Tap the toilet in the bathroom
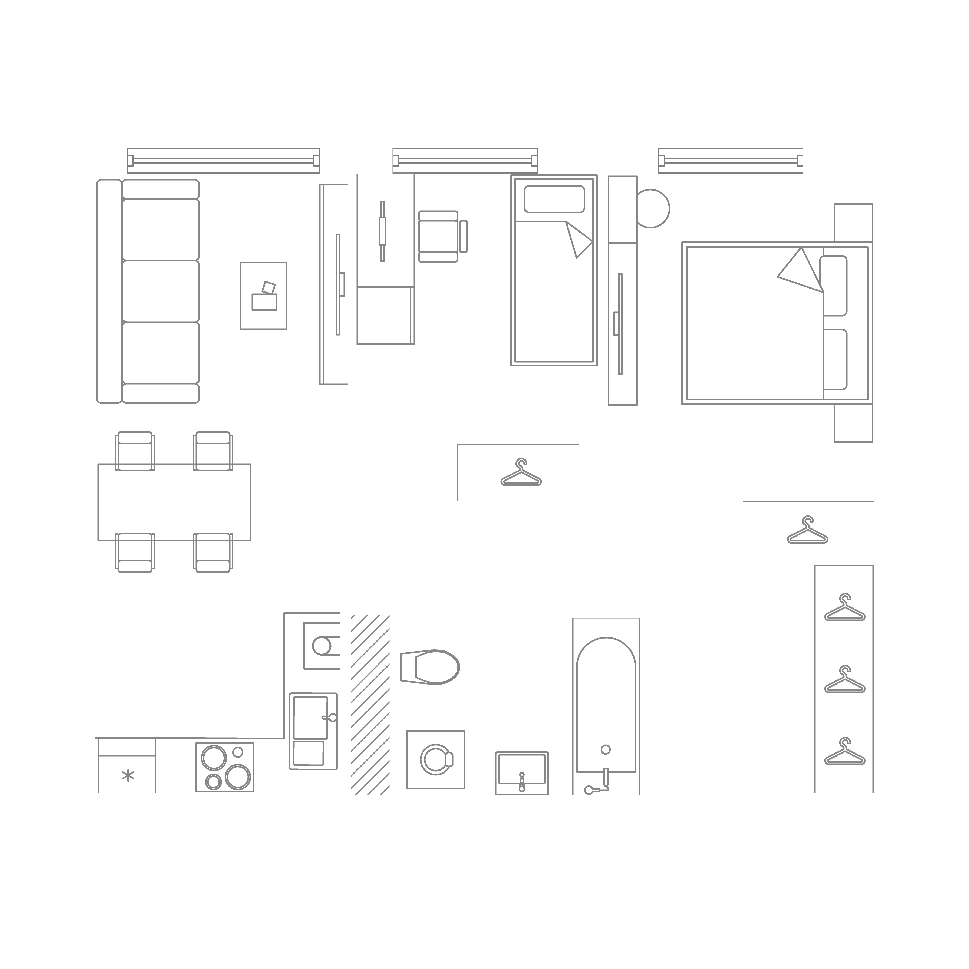pyautogui.click(x=430, y=667)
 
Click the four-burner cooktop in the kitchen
pyautogui.click(x=225, y=766)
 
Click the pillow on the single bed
pyautogui.click(x=554, y=199)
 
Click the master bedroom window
pyautogui.click(x=731, y=161)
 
